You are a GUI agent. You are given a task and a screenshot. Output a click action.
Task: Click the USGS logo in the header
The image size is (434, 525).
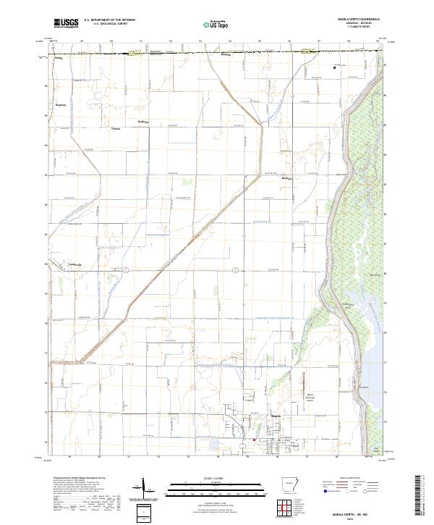(x=66, y=22)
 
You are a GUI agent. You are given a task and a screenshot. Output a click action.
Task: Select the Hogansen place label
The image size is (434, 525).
(x=61, y=104)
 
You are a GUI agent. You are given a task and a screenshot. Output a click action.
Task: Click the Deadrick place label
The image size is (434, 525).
(x=143, y=122)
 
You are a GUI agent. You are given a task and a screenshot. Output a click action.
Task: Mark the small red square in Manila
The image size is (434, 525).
(x=254, y=440)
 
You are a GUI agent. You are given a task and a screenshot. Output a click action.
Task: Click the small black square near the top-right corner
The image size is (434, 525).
(x=334, y=67)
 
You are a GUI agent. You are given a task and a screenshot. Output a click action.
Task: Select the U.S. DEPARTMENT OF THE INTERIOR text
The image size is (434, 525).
(x=109, y=20)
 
